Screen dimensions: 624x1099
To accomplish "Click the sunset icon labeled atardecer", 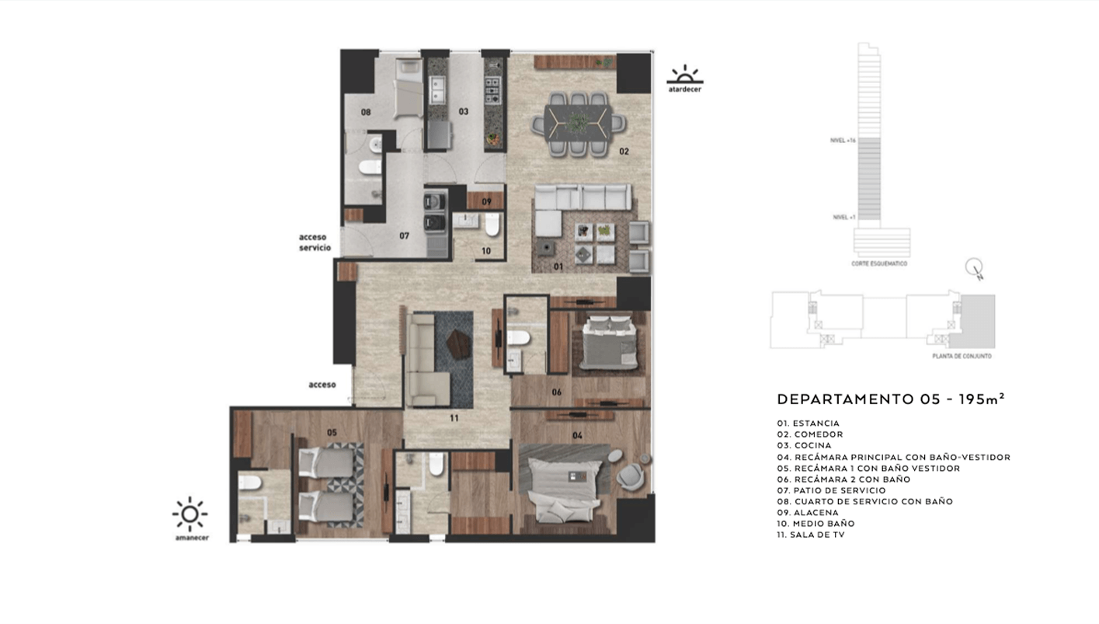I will tap(684, 76).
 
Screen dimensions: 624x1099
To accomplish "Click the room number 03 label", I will tap(463, 112).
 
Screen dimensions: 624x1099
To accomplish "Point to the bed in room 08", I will tap(407, 88).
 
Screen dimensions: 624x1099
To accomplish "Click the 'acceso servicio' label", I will tap(315, 242).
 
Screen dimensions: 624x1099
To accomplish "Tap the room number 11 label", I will tap(454, 418).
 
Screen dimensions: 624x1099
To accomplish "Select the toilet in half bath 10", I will tap(492, 225).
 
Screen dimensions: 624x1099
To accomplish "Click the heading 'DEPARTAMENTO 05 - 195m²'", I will tap(891, 399).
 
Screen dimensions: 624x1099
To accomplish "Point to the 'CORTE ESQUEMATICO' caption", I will tap(879, 263).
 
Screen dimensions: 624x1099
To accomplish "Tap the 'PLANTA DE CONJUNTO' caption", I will tap(962, 356).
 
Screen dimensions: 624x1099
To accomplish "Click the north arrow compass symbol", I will tap(974, 268).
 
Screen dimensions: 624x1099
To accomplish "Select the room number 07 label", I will tap(404, 235).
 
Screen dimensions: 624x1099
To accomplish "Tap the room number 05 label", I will tap(332, 432).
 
